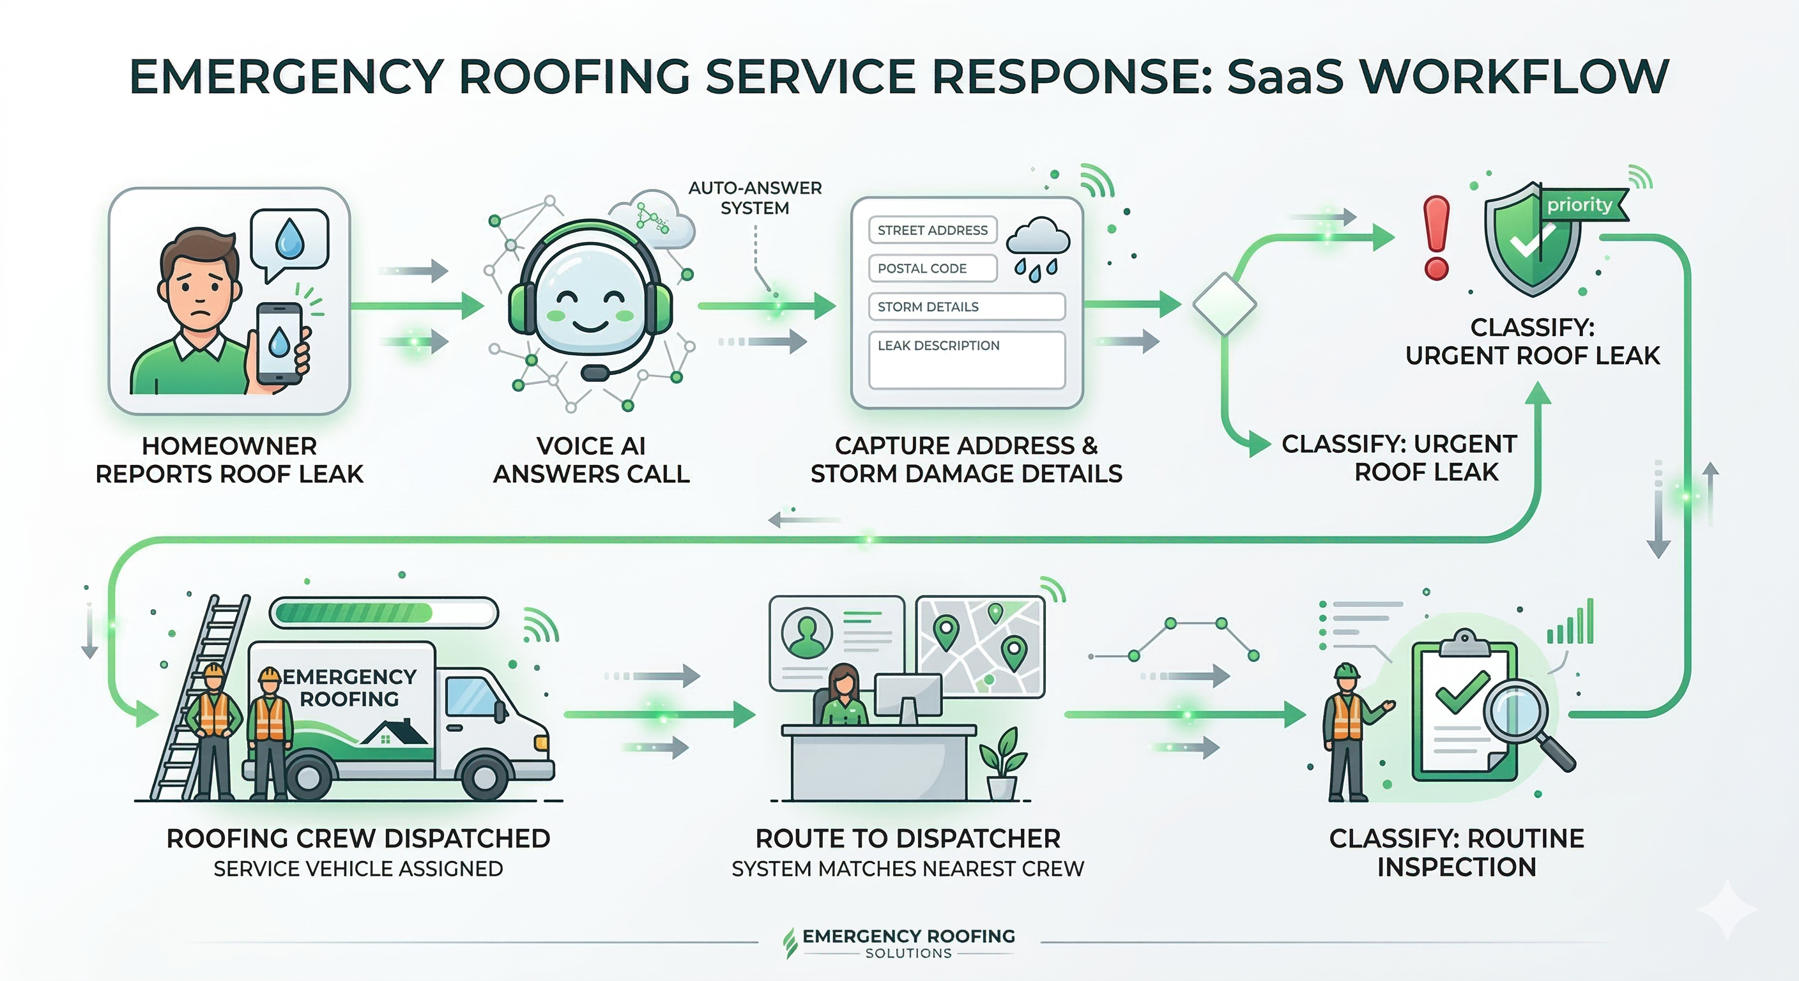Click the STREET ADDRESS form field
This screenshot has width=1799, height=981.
tap(931, 230)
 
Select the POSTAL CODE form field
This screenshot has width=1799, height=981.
tap(931, 268)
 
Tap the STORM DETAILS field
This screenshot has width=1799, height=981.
tap(966, 307)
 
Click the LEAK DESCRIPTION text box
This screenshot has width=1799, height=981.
tap(966, 360)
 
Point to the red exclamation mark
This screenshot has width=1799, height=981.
tap(1436, 238)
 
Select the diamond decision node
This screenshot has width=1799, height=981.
tap(1224, 305)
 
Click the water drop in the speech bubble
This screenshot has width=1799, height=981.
tap(287, 239)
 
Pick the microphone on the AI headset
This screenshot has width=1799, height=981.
tap(593, 373)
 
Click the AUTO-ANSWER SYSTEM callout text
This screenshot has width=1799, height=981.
tap(754, 197)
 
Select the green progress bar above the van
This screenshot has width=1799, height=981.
tap(383, 613)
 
